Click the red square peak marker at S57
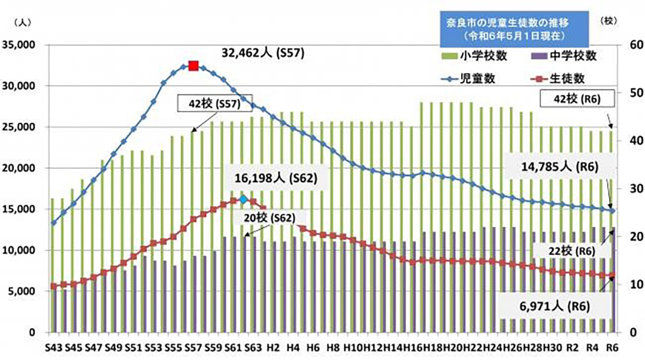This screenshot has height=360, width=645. point(193,66)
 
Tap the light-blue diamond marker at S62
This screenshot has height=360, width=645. point(243,199)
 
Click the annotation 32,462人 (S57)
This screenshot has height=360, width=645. point(262,53)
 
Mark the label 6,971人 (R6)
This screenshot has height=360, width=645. point(555,306)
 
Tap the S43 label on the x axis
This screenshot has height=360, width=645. point(52,347)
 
